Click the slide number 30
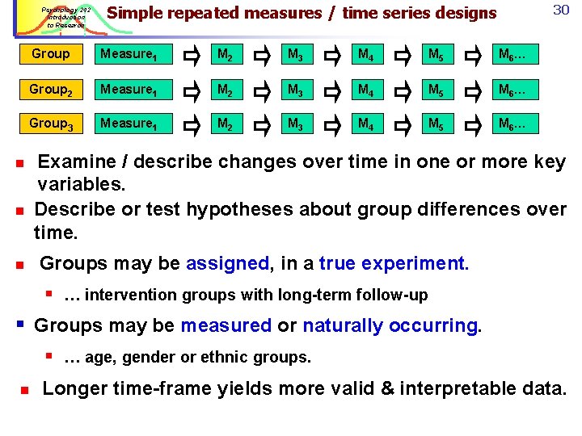(561, 10)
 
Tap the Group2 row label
(50, 89)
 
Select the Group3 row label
(50, 124)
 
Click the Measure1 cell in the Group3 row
(125, 124)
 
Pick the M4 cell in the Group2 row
(366, 89)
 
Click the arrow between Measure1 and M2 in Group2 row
(192, 89)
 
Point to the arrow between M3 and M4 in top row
(334, 54)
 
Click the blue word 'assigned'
(227, 263)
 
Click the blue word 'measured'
(226, 325)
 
